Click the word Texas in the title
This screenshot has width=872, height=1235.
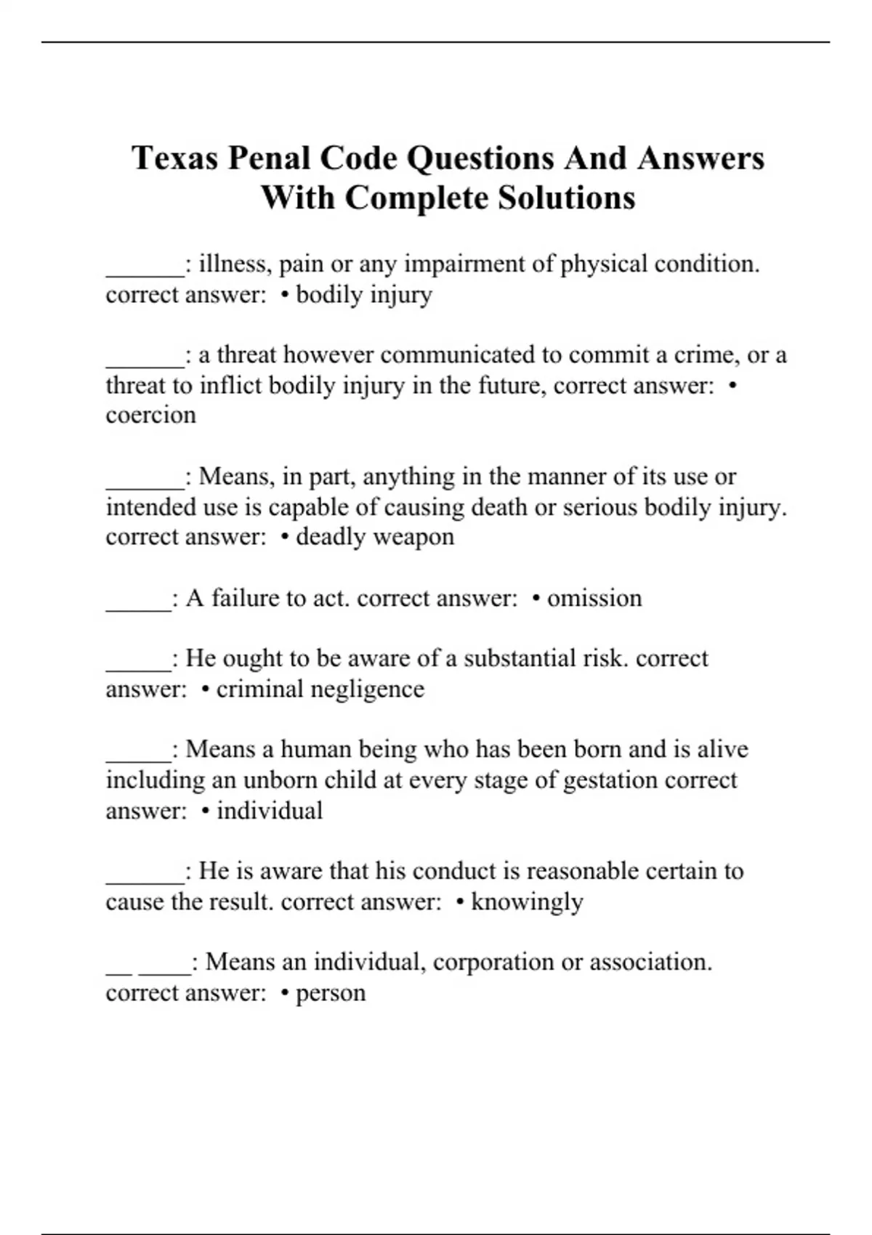click(x=174, y=158)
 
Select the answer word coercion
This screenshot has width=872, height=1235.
click(x=150, y=415)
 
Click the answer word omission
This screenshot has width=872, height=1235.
click(x=594, y=598)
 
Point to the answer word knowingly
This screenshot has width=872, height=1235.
click(x=527, y=902)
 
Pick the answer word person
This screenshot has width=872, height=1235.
click(x=331, y=993)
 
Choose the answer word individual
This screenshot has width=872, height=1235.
click(x=270, y=811)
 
